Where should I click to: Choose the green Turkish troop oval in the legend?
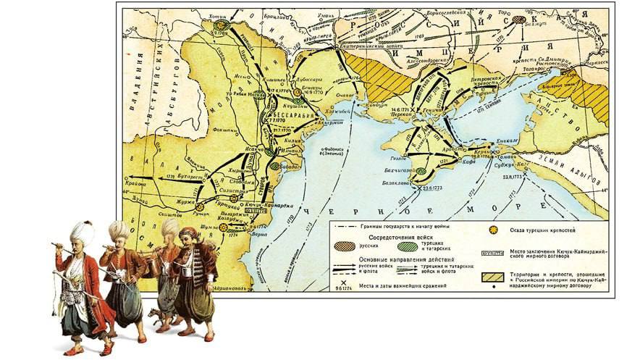click(x=410, y=247)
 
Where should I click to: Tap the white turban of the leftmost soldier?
click(x=82, y=232)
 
